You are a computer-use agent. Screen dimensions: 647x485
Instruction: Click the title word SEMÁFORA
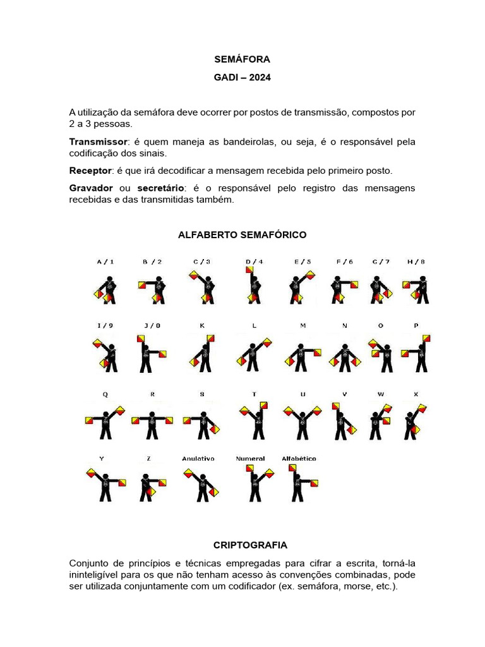242,59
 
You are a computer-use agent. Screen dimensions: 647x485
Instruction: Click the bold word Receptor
90,171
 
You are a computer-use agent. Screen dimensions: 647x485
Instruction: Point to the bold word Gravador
91,188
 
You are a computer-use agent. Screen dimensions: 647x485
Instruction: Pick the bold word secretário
160,188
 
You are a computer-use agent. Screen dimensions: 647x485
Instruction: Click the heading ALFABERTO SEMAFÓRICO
242,234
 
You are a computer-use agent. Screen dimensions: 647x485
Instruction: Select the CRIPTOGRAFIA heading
242,545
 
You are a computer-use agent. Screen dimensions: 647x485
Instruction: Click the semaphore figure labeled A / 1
105,289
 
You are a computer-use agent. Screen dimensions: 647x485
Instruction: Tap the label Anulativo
198,458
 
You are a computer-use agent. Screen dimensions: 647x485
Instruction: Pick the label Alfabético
298,458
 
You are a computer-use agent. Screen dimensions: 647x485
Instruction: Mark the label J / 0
152,325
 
